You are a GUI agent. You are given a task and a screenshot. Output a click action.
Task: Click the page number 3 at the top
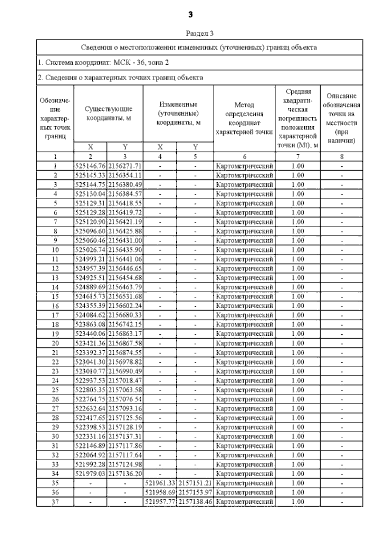(191, 14)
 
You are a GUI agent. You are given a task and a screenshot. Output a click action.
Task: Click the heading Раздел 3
(200, 33)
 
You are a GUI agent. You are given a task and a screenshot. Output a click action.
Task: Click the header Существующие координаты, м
(108, 113)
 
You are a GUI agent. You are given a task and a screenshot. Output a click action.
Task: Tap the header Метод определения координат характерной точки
(244, 118)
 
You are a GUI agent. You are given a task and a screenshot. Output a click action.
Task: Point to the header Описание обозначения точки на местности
(341, 118)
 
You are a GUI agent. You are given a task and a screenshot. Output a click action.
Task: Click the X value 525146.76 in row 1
(90, 166)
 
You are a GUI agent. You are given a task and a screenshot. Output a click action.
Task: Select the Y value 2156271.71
(125, 166)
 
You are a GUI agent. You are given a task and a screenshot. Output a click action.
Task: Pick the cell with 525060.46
(90, 241)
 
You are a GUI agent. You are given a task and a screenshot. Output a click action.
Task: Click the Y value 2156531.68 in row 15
(125, 296)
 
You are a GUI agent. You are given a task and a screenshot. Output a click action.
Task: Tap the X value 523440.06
(90, 334)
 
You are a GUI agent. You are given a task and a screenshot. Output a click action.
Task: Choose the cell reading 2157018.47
(125, 381)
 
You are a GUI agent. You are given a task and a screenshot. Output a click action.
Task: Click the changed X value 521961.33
(160, 483)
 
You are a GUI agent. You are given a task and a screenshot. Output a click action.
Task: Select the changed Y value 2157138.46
(195, 502)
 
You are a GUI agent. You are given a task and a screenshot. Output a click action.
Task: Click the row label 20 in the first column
(55, 343)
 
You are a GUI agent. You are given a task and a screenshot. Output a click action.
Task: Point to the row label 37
(55, 502)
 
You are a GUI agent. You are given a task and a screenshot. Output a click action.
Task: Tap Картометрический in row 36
(244, 493)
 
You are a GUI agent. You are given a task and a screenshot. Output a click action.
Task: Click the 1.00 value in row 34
(298, 474)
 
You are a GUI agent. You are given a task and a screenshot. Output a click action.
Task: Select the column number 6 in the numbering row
(244, 157)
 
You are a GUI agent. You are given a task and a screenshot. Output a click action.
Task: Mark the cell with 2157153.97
(195, 493)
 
